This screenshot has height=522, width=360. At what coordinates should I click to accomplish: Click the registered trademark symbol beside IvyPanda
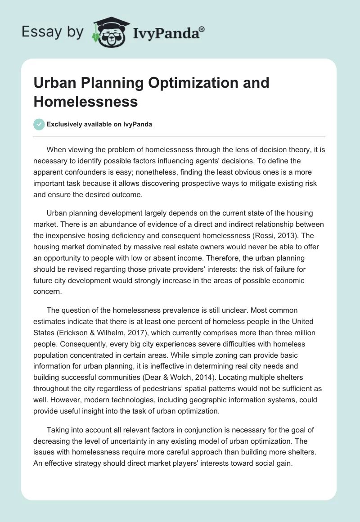(202, 30)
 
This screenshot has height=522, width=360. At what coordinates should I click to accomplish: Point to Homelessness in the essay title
(85, 101)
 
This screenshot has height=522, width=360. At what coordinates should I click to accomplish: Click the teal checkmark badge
(39, 125)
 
